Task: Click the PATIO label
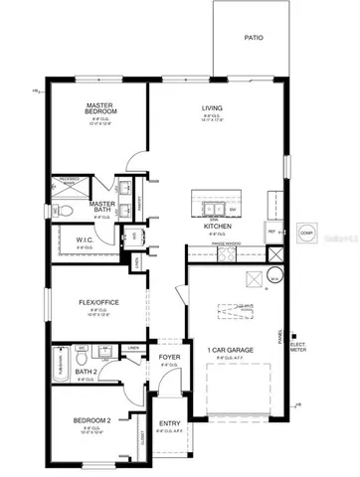tap(254, 38)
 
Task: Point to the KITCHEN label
tap(218, 226)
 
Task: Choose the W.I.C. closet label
tap(85, 239)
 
